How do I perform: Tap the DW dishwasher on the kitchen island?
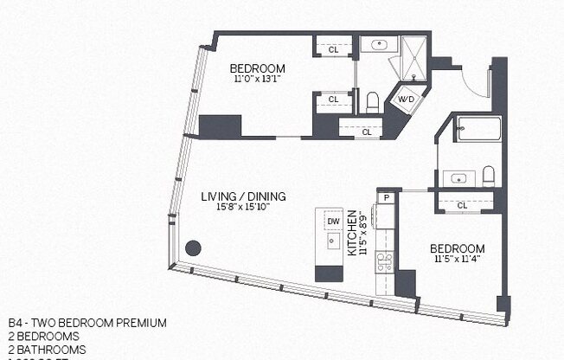click(333, 222)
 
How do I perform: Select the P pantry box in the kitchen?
click(385, 198)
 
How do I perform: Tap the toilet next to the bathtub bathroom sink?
click(488, 177)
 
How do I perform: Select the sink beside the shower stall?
click(376, 45)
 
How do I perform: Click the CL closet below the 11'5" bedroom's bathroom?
click(462, 205)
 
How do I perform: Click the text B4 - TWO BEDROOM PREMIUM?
click(87, 323)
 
